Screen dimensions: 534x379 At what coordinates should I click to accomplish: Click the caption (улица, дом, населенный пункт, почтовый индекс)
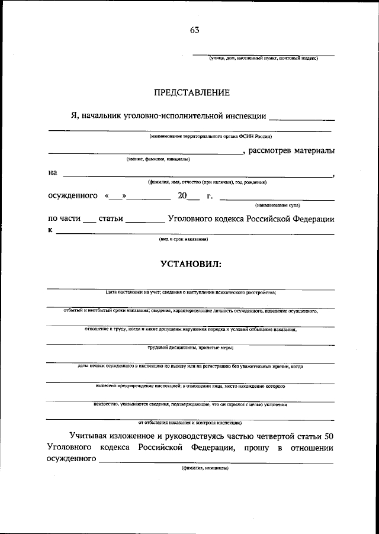pyautogui.click(x=263, y=59)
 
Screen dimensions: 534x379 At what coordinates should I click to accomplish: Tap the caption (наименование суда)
pyautogui.click(x=277, y=205)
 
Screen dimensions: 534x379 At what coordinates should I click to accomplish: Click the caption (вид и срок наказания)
pyautogui.click(x=183, y=239)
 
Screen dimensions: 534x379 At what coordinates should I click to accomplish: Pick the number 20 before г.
pyautogui.click(x=182, y=196)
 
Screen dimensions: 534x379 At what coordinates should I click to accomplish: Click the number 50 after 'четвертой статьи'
pyautogui.click(x=329, y=436)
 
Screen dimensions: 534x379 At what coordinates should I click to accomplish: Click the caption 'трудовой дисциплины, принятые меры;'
pyautogui.click(x=190, y=348)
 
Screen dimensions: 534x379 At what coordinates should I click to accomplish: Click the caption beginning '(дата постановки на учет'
pyautogui.click(x=190, y=292)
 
